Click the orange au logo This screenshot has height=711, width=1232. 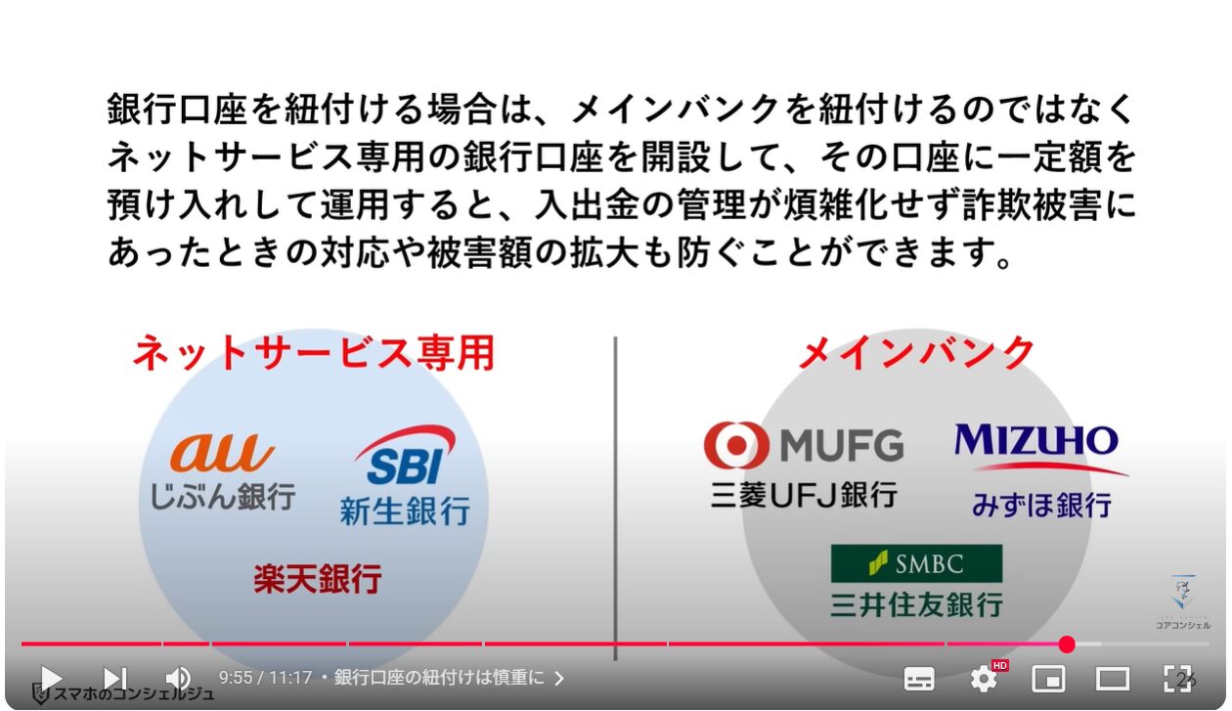tap(222, 453)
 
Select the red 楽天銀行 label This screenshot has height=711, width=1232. tap(318, 578)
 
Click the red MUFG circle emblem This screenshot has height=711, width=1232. tap(736, 445)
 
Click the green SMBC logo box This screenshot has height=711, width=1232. tap(916, 563)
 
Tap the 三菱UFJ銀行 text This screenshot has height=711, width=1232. tap(804, 495)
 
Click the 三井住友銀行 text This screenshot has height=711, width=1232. tap(916, 604)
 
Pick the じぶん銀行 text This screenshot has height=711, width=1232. tap(223, 497)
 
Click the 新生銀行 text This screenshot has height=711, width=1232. tap(405, 511)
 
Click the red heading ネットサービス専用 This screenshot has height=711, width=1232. tap(314, 353)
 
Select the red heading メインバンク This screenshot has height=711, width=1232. tap(916, 352)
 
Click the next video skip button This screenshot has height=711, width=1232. tap(115, 679)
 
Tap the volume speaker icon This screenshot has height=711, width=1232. tap(178, 679)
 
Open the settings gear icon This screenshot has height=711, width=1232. tap(984, 679)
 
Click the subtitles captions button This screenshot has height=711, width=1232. tap(919, 679)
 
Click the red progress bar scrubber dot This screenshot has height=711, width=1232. tap(1067, 644)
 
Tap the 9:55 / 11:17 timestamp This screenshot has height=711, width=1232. tap(266, 678)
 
